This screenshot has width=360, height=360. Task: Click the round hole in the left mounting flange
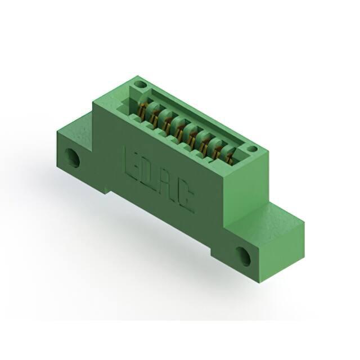click(x=73, y=158)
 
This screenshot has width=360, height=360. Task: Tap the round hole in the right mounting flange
click(x=244, y=256)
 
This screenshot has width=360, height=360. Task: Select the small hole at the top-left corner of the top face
click(x=141, y=84)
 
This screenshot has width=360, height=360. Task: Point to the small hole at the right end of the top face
click(x=252, y=148)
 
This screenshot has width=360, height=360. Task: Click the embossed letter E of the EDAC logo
click(x=131, y=165)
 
